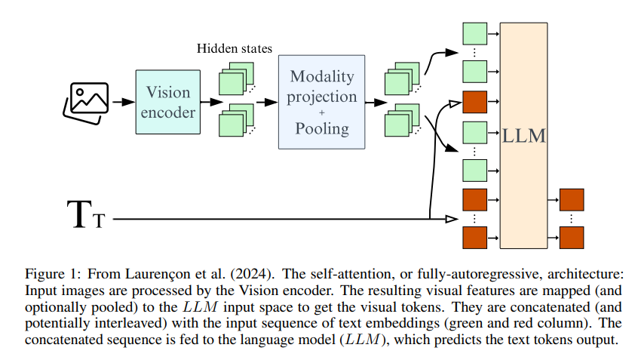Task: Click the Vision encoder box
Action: (x=168, y=102)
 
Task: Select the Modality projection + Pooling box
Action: (x=321, y=101)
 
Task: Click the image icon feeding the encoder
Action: (x=84, y=101)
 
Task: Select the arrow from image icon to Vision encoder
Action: (x=121, y=101)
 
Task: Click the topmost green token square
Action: (x=474, y=34)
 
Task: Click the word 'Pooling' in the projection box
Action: (x=322, y=129)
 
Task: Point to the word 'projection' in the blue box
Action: (x=323, y=97)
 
